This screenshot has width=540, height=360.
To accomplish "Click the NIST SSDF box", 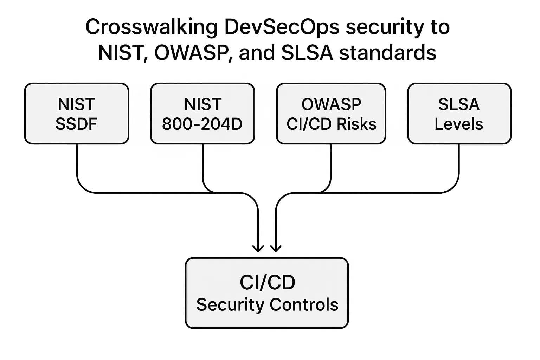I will [x=77, y=114].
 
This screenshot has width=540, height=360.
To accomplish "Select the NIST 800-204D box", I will [x=202, y=114].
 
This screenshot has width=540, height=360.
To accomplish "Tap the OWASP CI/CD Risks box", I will [x=331, y=114].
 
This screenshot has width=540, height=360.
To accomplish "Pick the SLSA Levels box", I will [x=459, y=114].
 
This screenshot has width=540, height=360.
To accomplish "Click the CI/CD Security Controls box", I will [x=266, y=293].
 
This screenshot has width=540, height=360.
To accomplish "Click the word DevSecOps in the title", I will [x=282, y=27].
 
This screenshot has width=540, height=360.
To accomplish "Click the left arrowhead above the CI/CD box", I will [x=258, y=249].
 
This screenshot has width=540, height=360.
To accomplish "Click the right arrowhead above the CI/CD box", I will [x=276, y=249].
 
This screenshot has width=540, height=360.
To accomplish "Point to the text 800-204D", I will [x=202, y=124].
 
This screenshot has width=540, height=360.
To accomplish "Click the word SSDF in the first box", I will [x=76, y=124].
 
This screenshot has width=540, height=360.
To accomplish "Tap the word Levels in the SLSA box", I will [x=459, y=124].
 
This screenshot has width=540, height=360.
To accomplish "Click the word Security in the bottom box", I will [x=230, y=304].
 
